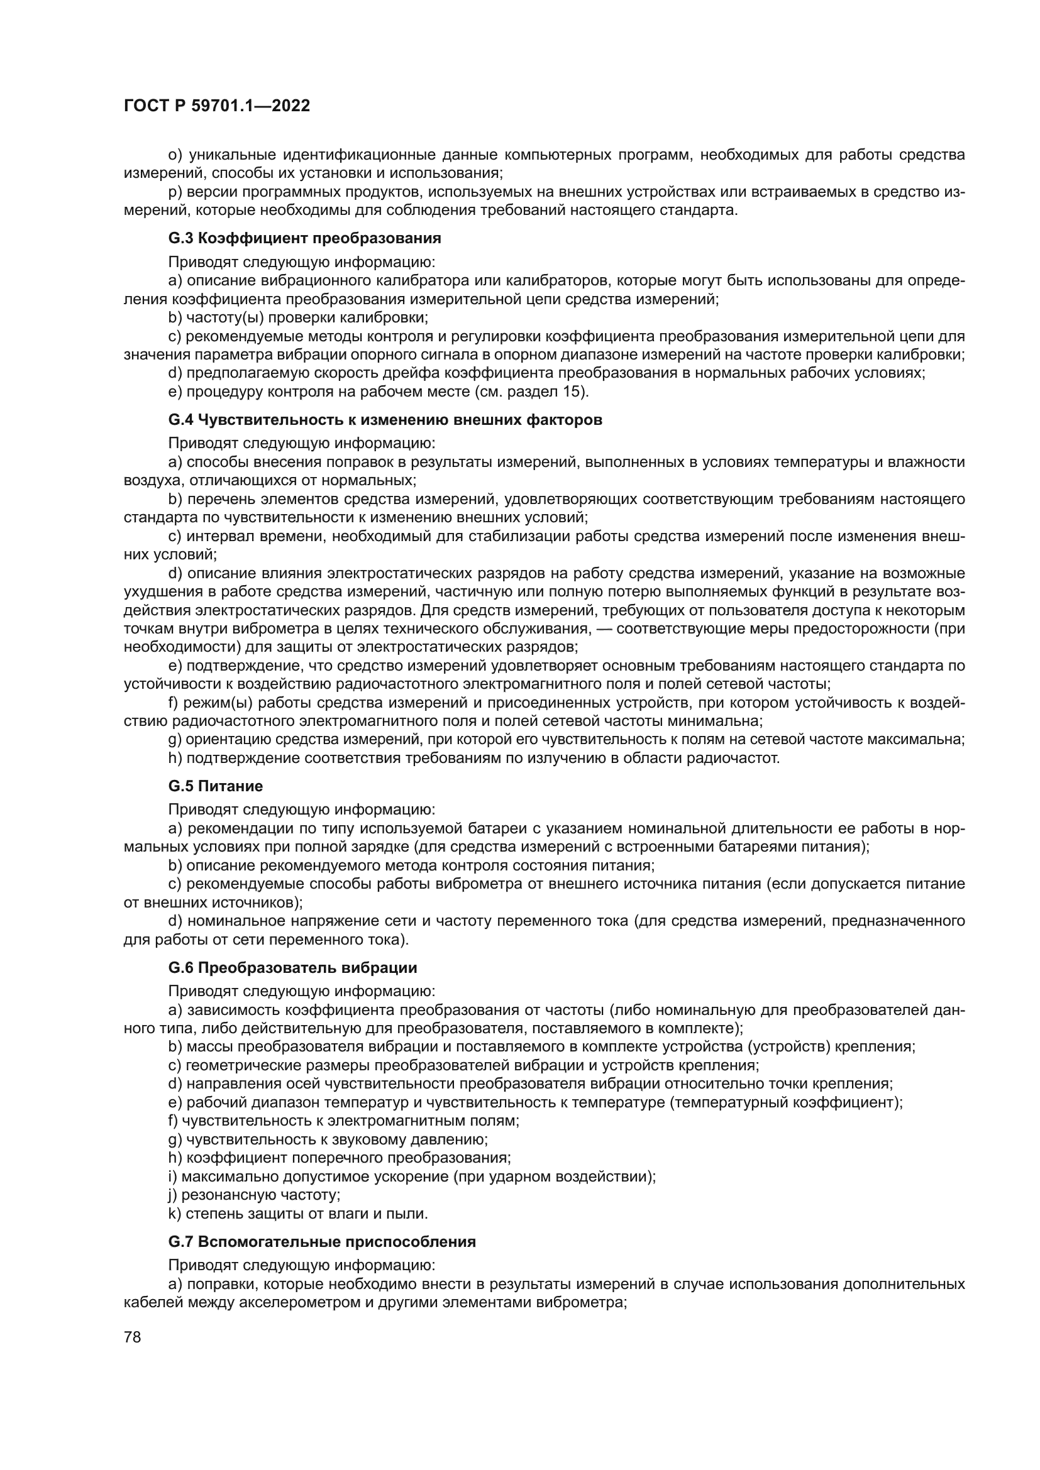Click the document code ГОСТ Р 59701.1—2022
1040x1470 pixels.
coord(216,106)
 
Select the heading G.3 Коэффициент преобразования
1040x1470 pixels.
coord(305,239)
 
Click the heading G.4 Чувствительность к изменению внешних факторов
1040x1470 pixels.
coord(385,420)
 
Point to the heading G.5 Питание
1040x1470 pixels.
coord(216,786)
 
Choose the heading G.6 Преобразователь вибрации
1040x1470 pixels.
coord(292,967)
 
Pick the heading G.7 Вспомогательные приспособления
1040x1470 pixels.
coord(322,1242)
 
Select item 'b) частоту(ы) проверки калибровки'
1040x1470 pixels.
coord(299,317)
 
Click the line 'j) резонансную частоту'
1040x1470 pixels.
coord(254,1195)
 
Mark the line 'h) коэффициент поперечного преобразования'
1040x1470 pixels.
coord(340,1158)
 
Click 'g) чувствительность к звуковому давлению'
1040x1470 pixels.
coord(328,1139)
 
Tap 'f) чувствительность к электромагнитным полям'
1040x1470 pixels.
coord(343,1121)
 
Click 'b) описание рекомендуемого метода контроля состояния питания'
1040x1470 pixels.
coord(411,865)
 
